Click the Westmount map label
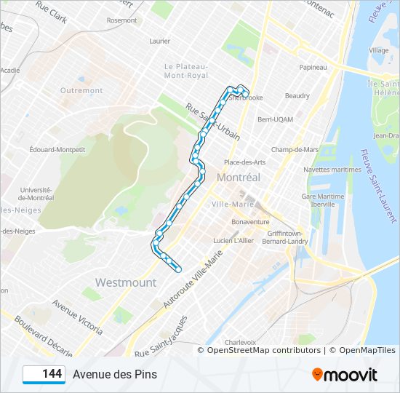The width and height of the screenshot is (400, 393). [x=126, y=282]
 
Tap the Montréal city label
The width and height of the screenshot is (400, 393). [x=238, y=178]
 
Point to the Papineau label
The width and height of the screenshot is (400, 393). [x=313, y=67]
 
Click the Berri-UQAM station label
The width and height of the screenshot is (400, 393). [x=275, y=119]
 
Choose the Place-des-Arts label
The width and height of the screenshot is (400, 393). [x=244, y=162]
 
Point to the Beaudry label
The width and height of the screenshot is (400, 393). [x=297, y=96]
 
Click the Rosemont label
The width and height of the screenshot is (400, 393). [x=121, y=20]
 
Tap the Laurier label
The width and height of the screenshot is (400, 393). [x=159, y=41]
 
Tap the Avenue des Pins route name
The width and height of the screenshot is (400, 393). [x=114, y=375]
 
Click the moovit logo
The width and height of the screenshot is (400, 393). [x=345, y=375]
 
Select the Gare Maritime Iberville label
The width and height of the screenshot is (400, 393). [x=323, y=200]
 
